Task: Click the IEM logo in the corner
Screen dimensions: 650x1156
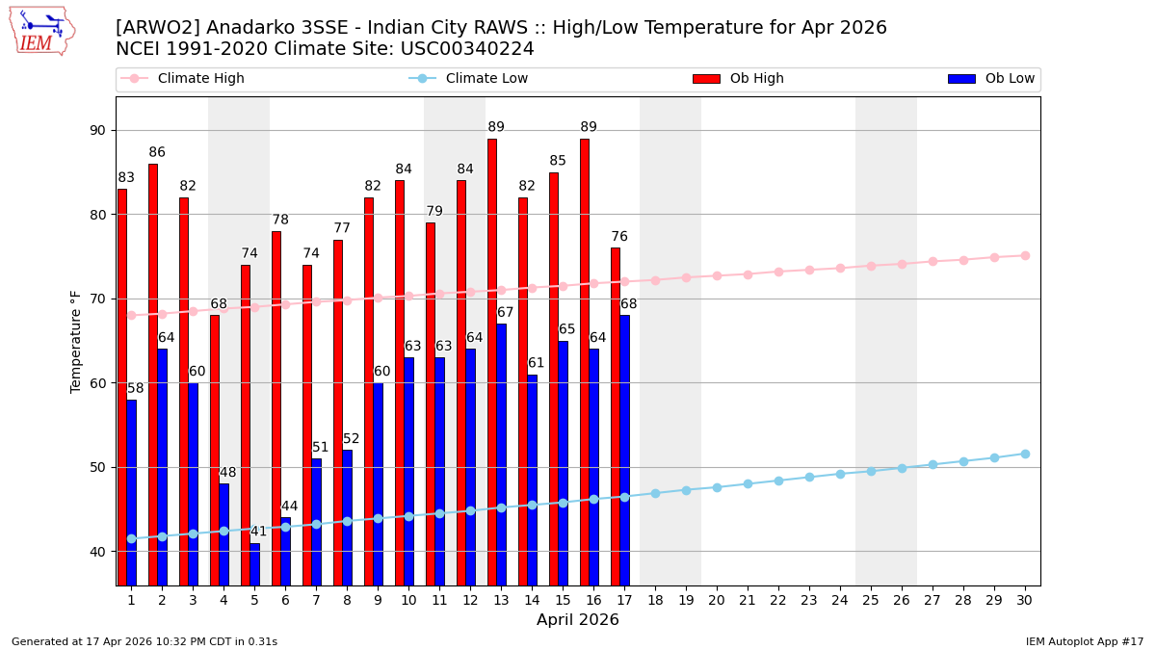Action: (x=41, y=31)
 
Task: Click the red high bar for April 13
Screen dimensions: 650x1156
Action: (x=492, y=361)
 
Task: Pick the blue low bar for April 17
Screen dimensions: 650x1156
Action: (x=624, y=450)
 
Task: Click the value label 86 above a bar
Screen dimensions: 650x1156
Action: (x=157, y=152)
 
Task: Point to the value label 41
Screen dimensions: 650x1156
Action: (x=258, y=532)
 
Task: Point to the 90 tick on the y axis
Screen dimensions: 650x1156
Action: (x=97, y=130)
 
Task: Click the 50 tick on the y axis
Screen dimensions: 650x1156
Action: (x=97, y=467)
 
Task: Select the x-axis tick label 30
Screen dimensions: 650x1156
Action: (x=1025, y=600)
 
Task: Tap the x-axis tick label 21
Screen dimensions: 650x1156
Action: (x=748, y=600)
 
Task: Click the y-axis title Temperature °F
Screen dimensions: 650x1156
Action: (x=77, y=341)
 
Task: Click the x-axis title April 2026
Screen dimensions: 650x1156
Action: (x=578, y=620)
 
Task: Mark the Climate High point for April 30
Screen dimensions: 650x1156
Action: (x=1025, y=255)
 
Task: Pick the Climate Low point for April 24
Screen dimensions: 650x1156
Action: (x=840, y=474)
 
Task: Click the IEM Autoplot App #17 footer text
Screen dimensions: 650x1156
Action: (x=1084, y=641)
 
